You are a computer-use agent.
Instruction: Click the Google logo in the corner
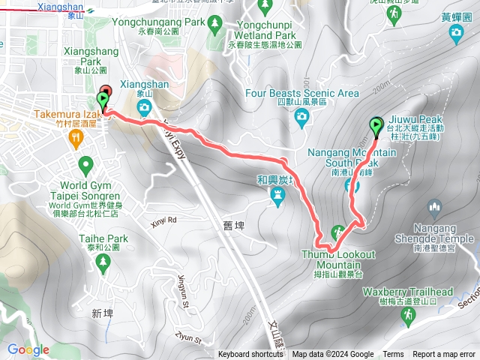28,349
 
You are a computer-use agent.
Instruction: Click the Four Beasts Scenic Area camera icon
301,115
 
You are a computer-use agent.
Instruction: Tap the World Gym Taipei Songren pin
85,163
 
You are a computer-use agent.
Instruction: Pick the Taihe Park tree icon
103,261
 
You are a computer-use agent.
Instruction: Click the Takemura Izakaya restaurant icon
75,137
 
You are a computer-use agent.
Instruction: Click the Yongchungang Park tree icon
214,23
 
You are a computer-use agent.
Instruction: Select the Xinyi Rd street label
162,220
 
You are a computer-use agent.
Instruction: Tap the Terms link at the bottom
393,355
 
